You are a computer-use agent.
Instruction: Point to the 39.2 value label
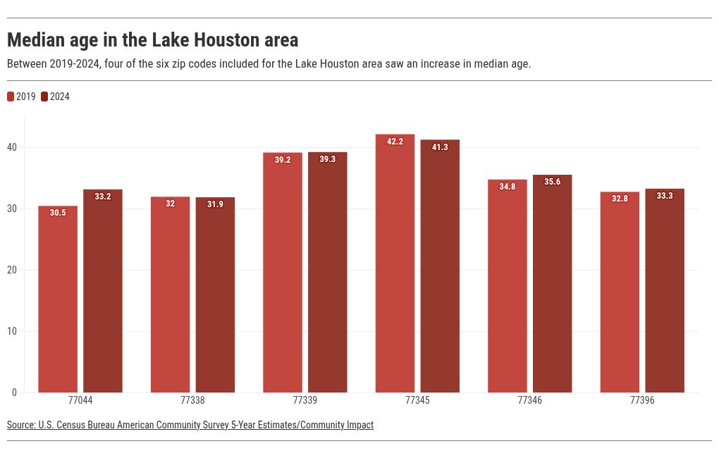click(x=283, y=160)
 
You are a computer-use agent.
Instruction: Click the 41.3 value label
click(x=440, y=147)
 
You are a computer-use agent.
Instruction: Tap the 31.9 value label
click(x=215, y=204)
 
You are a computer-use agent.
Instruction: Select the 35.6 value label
click(x=553, y=182)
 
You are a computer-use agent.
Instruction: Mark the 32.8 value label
click(x=620, y=199)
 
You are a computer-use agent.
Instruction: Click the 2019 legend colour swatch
click(x=11, y=97)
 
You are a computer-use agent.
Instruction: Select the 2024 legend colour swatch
click(x=44, y=97)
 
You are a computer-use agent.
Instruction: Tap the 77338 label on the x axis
click(x=192, y=400)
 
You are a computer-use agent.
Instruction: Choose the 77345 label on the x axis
click(x=417, y=400)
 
